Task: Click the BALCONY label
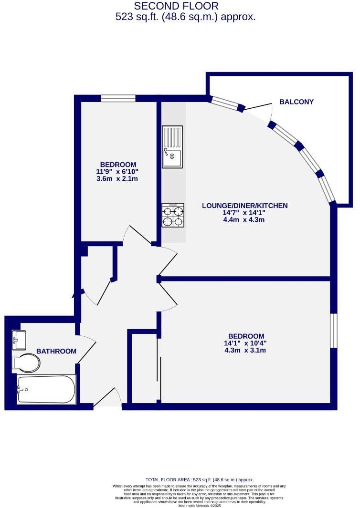coord(296,102)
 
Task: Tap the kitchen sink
coord(172,147)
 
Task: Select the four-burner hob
coord(173,216)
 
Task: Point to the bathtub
coord(46,389)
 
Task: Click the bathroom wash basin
coord(19,339)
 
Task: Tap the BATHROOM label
coord(56,352)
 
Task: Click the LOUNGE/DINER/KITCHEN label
coord(244,206)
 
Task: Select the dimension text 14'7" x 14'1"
coord(244,213)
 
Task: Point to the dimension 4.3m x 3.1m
coord(245,350)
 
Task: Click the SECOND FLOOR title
coord(176,6)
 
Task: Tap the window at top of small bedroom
coord(118,98)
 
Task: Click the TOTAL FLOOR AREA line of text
coord(200,479)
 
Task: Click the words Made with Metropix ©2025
coord(200,505)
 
